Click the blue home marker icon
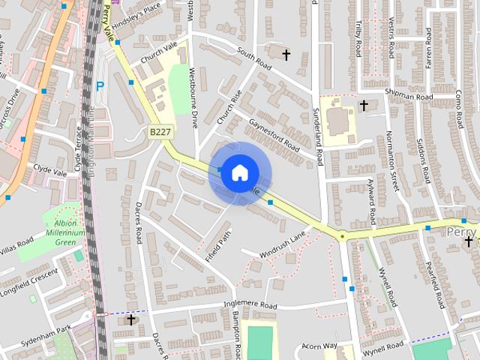238,173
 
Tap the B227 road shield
159,131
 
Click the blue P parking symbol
100,86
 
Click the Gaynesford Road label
274,134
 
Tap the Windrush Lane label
283,244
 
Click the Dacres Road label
139,222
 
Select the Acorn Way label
320,346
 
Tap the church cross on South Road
285,53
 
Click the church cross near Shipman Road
364,106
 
